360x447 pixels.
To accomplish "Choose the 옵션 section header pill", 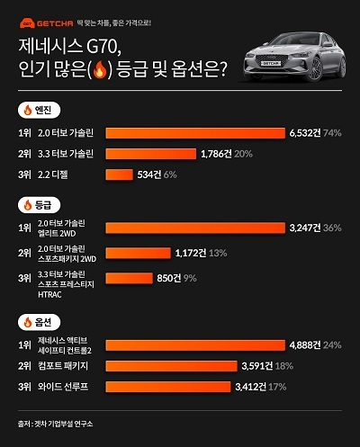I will [x=39, y=320].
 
